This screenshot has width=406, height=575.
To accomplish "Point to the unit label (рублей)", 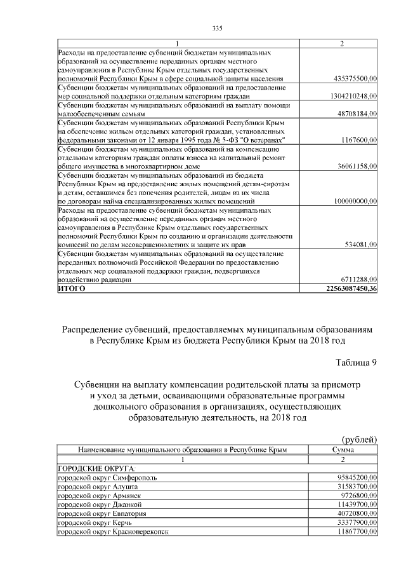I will tap(360, 439).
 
